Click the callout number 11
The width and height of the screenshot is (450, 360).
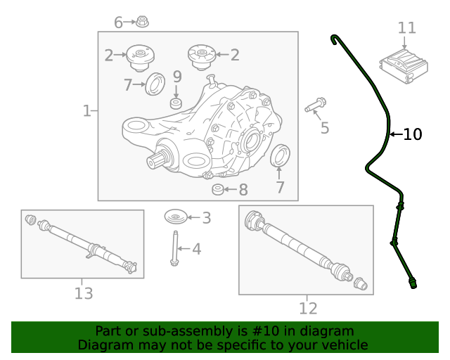[407, 28]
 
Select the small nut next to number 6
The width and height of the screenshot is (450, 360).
[142, 22]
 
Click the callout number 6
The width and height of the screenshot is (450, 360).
[118, 22]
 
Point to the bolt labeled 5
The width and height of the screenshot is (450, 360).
[314, 105]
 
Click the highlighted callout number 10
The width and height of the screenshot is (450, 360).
[413, 134]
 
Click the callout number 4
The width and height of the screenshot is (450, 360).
[196, 248]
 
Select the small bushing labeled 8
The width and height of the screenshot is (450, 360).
[219, 190]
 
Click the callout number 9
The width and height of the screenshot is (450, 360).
[177, 76]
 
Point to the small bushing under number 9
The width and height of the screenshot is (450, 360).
[176, 104]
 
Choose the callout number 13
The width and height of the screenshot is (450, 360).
[84, 293]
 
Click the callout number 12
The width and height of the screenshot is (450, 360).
[308, 308]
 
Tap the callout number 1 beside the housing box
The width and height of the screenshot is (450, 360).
[86, 110]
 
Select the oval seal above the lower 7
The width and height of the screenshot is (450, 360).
[280, 155]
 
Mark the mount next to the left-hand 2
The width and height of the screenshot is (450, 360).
[140, 56]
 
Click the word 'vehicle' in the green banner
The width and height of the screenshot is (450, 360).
[343, 345]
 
